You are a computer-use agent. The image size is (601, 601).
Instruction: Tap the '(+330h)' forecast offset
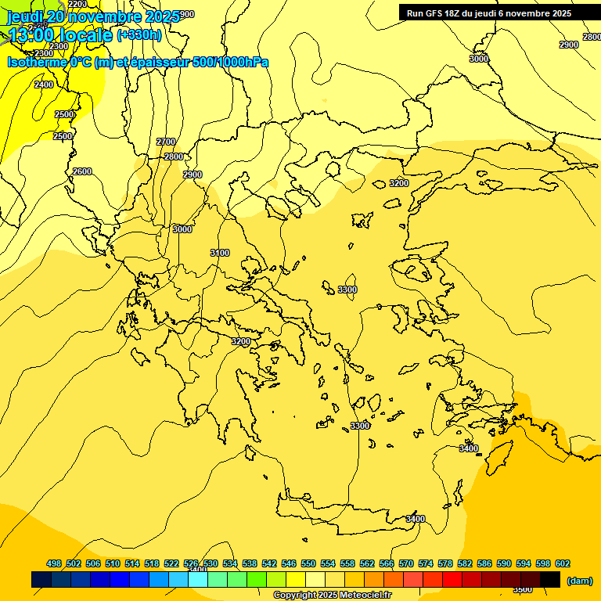tap(139, 34)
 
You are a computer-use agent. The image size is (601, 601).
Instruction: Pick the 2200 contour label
tap(77, 4)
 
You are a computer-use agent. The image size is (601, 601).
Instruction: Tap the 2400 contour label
tap(44, 85)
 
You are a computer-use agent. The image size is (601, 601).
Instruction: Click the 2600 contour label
tap(81, 171)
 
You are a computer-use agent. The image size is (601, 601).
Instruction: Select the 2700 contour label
tap(166, 142)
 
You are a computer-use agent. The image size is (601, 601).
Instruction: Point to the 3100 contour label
tap(220, 253)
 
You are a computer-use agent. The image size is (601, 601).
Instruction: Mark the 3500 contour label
tap(523, 589)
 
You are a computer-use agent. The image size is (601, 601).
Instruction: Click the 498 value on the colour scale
tap(54, 563)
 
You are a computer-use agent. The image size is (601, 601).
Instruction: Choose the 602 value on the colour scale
tap(563, 563)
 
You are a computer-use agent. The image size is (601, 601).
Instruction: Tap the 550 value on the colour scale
tap(308, 563)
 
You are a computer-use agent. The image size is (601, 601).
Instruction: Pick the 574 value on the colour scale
tap(426, 563)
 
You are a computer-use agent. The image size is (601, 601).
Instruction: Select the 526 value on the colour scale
tap(191, 563)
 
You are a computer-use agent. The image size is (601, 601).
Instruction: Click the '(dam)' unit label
tap(579, 580)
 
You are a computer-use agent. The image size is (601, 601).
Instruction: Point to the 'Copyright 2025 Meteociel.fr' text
tap(332, 596)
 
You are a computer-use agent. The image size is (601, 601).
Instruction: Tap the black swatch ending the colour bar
tap(550, 579)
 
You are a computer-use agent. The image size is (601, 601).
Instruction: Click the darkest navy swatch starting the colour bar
tap(41, 579)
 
